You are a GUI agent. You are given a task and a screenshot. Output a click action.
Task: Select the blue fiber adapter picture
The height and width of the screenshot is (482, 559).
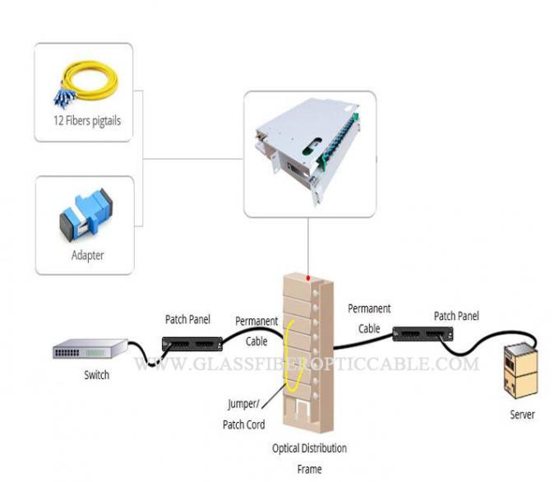[85, 216]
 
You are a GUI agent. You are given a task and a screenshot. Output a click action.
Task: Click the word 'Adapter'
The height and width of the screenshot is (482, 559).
[87, 255]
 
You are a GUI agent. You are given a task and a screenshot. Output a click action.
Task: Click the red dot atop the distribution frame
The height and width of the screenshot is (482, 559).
[309, 278]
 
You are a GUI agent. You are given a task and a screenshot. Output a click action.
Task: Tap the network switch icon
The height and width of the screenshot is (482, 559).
[90, 351]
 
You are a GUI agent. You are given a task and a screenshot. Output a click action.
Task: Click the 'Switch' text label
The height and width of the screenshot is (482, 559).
[96, 375]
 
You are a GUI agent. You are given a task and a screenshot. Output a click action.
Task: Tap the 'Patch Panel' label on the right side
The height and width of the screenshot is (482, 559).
[456, 316]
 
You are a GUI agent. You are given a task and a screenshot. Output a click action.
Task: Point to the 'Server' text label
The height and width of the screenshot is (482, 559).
[522, 415]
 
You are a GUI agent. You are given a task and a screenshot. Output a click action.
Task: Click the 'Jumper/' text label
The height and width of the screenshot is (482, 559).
[244, 404]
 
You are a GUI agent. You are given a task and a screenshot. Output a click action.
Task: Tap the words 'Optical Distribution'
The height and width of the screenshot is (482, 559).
[309, 448]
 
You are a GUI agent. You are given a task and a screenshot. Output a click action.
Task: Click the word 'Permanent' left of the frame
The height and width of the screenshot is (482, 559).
[256, 321]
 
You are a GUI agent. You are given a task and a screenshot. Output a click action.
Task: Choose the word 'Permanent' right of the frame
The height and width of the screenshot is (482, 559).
[369, 308]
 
